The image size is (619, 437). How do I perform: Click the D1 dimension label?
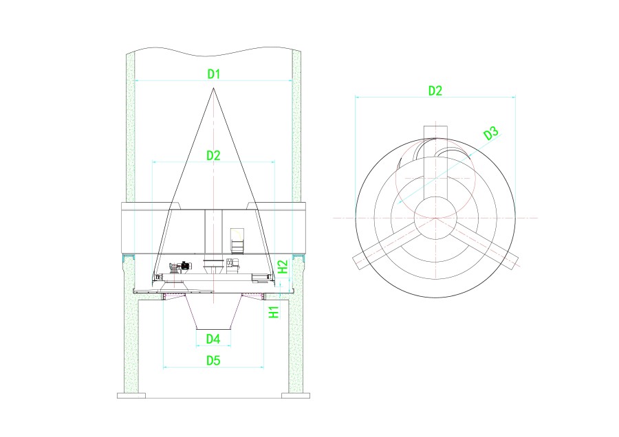(x=214, y=74)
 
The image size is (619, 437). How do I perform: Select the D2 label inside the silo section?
(x=214, y=155)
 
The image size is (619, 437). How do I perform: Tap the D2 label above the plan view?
(x=435, y=91)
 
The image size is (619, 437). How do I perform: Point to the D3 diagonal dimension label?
(x=491, y=134)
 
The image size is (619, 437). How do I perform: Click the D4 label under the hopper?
(x=213, y=339)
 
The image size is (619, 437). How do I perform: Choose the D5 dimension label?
(x=213, y=360)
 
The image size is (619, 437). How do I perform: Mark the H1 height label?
(x=274, y=312)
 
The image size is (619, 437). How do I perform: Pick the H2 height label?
(x=283, y=267)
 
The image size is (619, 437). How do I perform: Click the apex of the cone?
(x=214, y=88)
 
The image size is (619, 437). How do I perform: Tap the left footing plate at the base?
(x=131, y=395)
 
